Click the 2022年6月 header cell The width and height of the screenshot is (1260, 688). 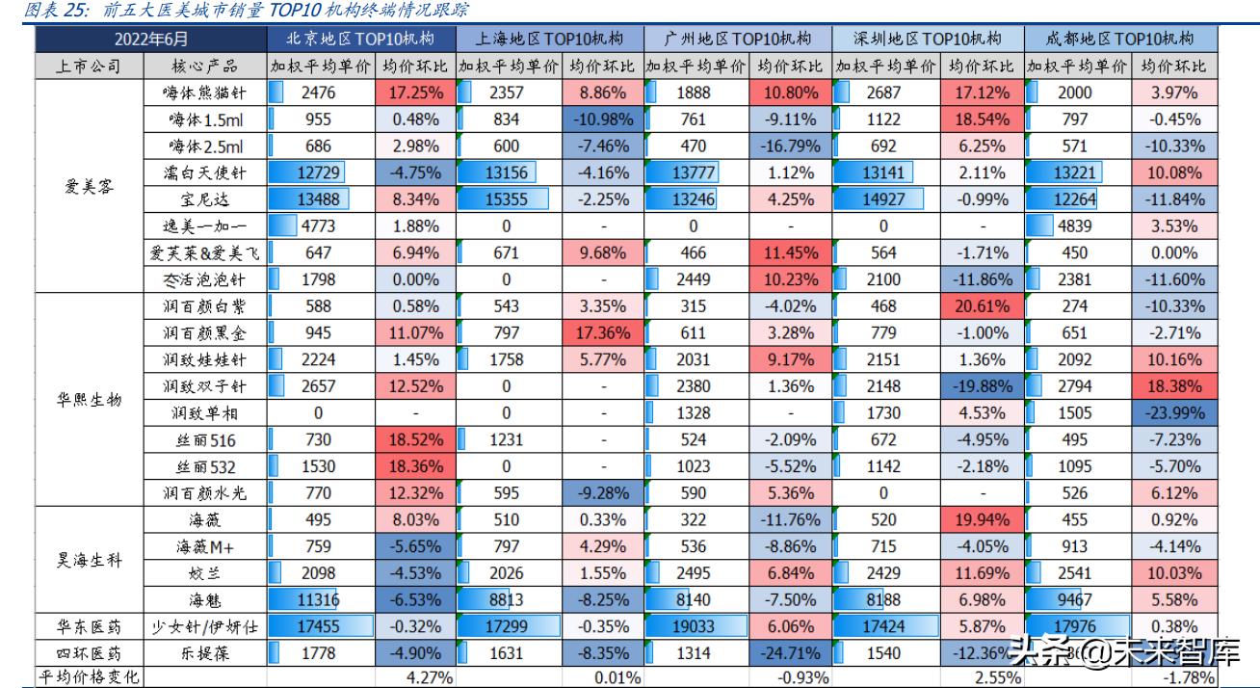[x=151, y=40]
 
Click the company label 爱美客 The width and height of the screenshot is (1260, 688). [x=88, y=186]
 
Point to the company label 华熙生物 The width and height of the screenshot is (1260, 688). [x=88, y=400]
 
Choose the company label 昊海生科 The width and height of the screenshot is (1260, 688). [x=88, y=560]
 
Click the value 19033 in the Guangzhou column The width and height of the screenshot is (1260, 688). [x=694, y=625]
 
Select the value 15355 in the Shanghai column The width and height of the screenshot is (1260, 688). [x=505, y=199]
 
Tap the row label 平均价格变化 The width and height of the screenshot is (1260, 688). [x=88, y=676]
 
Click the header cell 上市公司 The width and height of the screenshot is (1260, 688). [x=88, y=66]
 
